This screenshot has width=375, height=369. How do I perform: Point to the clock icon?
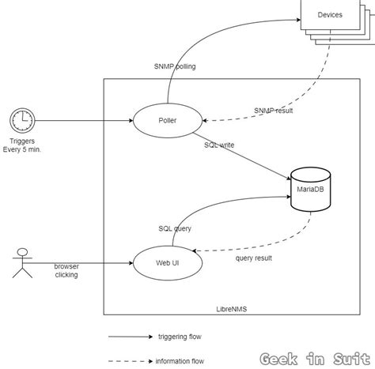[x=22, y=121]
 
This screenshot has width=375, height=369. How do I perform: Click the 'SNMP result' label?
[x=273, y=111]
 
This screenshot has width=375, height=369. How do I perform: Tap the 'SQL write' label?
[x=219, y=145]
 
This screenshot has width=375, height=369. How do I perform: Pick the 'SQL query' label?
[x=175, y=228]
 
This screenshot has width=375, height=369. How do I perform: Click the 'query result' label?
[x=255, y=257]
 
